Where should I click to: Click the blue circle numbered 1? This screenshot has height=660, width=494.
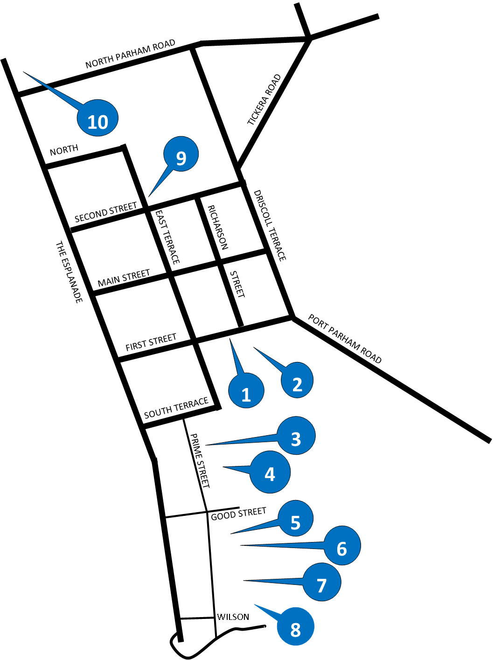[246, 390]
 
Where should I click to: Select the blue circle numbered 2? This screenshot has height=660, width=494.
[297, 380]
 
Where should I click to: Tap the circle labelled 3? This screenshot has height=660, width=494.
[296, 436]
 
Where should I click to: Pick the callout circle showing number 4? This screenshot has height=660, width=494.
[270, 472]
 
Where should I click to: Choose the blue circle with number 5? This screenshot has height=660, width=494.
[295, 518]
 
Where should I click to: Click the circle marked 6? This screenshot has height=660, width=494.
[342, 545]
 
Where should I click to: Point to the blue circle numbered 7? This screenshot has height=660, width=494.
[322, 582]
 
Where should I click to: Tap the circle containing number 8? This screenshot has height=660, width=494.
[295, 626]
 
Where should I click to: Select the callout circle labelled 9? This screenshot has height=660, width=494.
[181, 154]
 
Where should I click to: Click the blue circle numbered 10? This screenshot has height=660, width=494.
[97, 118]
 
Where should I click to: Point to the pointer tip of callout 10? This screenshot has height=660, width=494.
[27, 74]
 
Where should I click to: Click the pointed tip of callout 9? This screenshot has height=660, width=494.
[150, 195]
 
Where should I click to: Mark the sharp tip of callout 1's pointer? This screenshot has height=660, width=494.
[230, 341]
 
